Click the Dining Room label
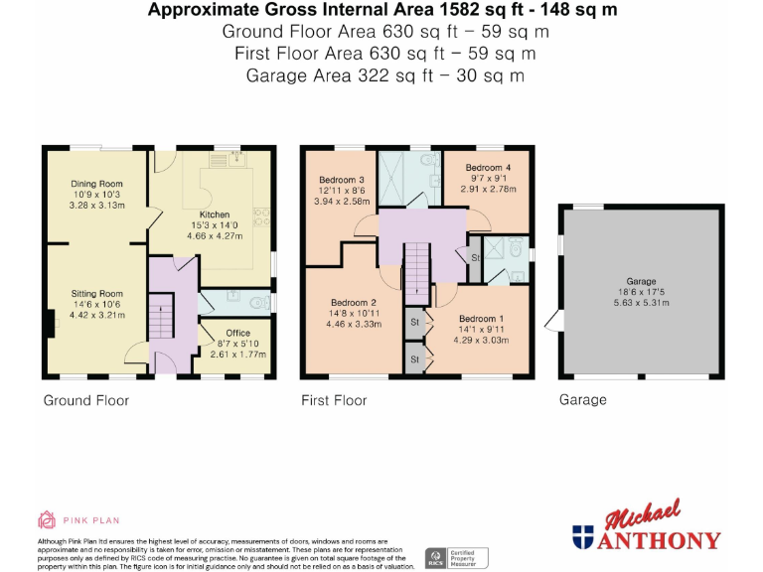tap(96, 184)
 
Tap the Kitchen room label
tap(215, 214)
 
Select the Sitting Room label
tap(96, 294)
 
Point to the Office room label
tap(237, 333)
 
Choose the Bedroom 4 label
tap(489, 168)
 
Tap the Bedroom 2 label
tap(353, 302)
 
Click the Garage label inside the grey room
tap(641, 281)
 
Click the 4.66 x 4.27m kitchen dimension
tap(215, 237)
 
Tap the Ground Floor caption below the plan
tap(85, 400)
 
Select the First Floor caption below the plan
tap(334, 400)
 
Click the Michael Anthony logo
tap(646, 527)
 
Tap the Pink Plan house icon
tap(47, 518)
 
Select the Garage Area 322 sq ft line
tap(385, 75)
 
